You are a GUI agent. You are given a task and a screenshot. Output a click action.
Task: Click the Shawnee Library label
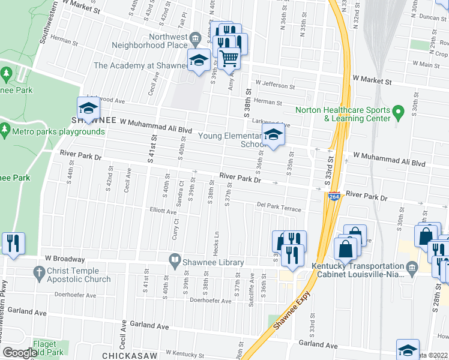click(214, 262)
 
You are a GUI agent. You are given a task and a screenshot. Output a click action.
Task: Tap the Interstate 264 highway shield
click(334, 197)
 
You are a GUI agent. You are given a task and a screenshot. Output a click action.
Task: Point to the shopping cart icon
click(229, 58)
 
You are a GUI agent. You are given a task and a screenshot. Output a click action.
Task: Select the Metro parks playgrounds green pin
click(5, 130)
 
